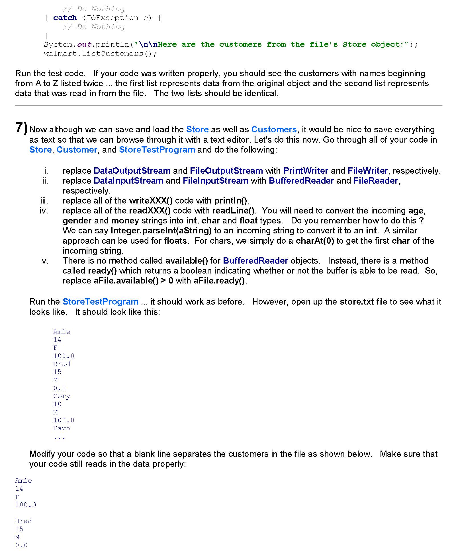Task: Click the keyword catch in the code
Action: pos(65,18)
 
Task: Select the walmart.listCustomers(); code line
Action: pos(100,54)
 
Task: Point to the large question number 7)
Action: pos(21,128)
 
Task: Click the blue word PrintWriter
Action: pos(306,171)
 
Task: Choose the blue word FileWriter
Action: pos(367,171)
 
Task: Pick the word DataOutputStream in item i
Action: pos(132,171)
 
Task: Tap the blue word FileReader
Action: pos(375,181)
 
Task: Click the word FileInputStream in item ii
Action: pos(215,181)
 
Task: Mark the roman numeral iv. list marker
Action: pos(44,211)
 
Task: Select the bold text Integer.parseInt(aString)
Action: pos(161,231)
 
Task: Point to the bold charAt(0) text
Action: pos(315,241)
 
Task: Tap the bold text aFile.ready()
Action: pos(220,281)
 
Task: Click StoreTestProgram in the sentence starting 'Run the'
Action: pos(100,302)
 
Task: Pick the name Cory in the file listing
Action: pos(62,396)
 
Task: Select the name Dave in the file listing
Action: pos(62,428)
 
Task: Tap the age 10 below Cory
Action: pos(57,404)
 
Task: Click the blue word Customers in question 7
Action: pos(274,130)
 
